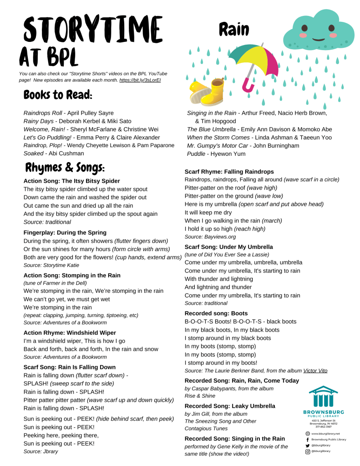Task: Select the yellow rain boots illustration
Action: click(204, 93)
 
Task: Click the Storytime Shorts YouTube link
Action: click(140, 80)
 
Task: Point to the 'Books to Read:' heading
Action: click(58, 95)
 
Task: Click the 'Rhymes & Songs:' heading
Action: click(65, 168)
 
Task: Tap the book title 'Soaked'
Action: click(33, 154)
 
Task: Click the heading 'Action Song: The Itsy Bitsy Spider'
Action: click(71, 181)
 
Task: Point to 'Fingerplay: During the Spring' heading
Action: click(65, 232)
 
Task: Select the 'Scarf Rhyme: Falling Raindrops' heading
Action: click(229, 172)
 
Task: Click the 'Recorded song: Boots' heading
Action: click(216, 313)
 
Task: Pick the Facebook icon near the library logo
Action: click(308, 440)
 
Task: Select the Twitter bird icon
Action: click(308, 446)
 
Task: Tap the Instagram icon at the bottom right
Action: click(308, 451)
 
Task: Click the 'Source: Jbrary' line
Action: click(41, 451)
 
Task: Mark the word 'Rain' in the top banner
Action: click(234, 30)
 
